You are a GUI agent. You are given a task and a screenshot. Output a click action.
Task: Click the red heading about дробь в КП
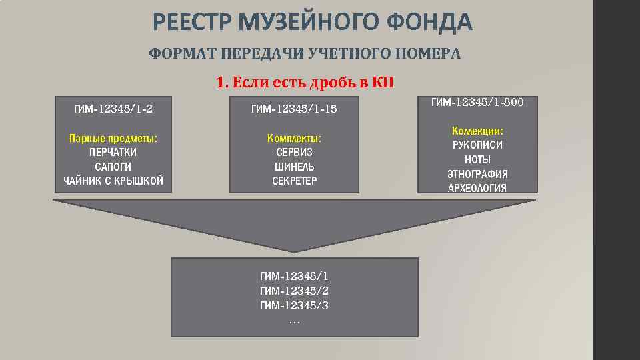pyautogui.click(x=305, y=83)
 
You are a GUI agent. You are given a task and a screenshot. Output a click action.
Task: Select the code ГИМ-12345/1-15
pyautogui.click(x=294, y=108)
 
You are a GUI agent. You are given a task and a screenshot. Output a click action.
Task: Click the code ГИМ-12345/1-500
pyautogui.click(x=477, y=103)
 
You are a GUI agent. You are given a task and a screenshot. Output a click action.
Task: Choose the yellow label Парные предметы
pyautogui.click(x=113, y=139)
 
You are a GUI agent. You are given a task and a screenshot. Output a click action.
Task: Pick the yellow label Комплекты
pyautogui.click(x=294, y=139)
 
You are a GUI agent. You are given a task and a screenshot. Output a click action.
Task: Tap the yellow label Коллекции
pyautogui.click(x=477, y=131)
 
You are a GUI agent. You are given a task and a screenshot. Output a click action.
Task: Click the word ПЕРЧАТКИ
pyautogui.click(x=113, y=153)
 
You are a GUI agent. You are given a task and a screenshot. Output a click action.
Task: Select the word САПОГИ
pyautogui.click(x=113, y=167)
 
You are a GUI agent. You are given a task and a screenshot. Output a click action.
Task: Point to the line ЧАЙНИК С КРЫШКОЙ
pyautogui.click(x=113, y=181)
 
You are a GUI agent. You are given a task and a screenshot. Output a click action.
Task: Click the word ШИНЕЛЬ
pyautogui.click(x=294, y=167)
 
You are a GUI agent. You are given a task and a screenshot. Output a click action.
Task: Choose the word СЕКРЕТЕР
pyautogui.click(x=294, y=181)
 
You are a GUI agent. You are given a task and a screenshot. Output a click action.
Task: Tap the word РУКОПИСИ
pyautogui.click(x=477, y=145)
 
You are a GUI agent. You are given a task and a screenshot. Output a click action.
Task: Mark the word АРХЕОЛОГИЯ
pyautogui.click(x=477, y=188)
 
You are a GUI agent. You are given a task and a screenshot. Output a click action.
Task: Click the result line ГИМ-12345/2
pyautogui.click(x=294, y=291)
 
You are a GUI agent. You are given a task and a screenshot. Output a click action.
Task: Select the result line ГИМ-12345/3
pyautogui.click(x=294, y=306)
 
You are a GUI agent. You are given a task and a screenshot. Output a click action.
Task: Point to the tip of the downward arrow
pyautogui.click(x=295, y=251)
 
